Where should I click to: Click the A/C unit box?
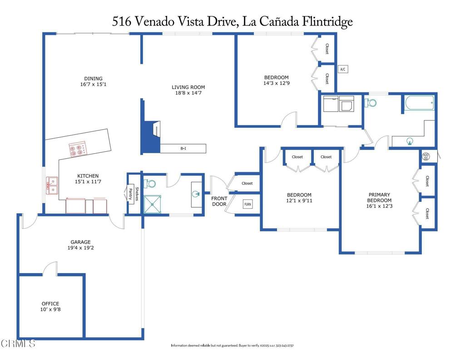coord(343,69)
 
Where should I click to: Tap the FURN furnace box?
coord(247,205)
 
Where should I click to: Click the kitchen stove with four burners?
coord(77,150)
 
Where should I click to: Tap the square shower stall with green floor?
coord(153,204)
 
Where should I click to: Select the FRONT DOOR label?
coord(219,201)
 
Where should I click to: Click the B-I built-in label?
coord(183,148)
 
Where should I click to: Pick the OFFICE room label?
coord(50,304)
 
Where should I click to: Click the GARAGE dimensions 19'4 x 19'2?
coord(80,248)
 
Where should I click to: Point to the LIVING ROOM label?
coord(188,87)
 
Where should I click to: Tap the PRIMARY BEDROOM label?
coord(379,197)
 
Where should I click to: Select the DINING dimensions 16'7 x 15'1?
coord(93,84)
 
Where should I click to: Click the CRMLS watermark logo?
coord(18,343)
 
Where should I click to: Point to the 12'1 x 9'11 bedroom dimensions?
coord(299,200)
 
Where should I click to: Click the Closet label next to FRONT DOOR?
coord(247,183)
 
